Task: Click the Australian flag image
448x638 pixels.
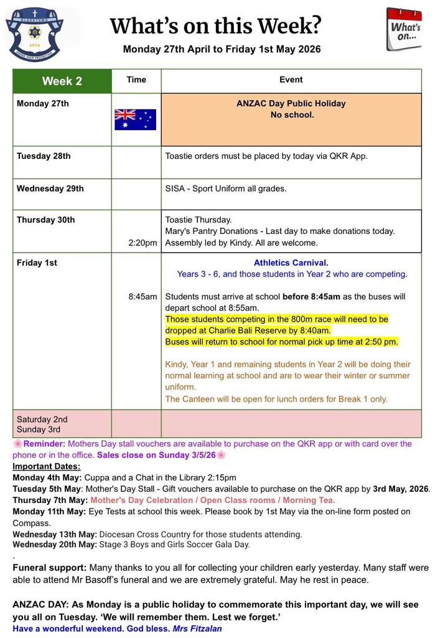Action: tap(135, 119)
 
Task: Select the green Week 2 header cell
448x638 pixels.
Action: tap(62, 81)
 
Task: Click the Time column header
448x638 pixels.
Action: tap(136, 80)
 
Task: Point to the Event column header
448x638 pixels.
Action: tap(291, 80)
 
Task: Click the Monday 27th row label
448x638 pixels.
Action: tap(43, 103)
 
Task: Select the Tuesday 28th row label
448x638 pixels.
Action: tap(44, 156)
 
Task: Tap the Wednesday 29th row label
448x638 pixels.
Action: tap(50, 188)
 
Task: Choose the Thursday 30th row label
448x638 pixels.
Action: tap(45, 220)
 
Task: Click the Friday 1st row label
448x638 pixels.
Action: tap(37, 263)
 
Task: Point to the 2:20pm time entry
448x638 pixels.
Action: tap(142, 243)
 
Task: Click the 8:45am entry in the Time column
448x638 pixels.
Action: tap(142, 296)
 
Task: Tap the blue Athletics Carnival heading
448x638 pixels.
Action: tap(291, 263)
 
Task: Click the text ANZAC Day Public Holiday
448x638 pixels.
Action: tap(291, 103)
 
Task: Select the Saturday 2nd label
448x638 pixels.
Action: tap(42, 419)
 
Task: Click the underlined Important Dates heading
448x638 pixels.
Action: tap(47, 466)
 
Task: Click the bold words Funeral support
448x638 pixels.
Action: tap(50, 568)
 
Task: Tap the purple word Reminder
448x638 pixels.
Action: tap(44, 444)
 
